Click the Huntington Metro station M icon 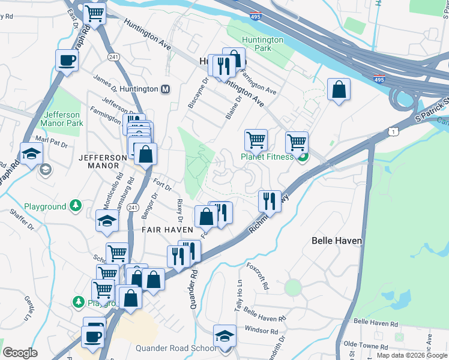pyautogui.click(x=166, y=89)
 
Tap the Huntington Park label pyautogui.click(x=262, y=44)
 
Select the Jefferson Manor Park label pyautogui.click(x=62, y=119)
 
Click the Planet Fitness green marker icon pyautogui.click(x=303, y=157)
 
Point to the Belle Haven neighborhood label pyautogui.click(x=337, y=241)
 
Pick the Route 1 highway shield pyautogui.click(x=393, y=131)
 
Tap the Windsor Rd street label pyautogui.click(x=262, y=329)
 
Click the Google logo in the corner pyautogui.click(x=20, y=353)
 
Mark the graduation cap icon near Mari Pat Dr pyautogui.click(x=31, y=153)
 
